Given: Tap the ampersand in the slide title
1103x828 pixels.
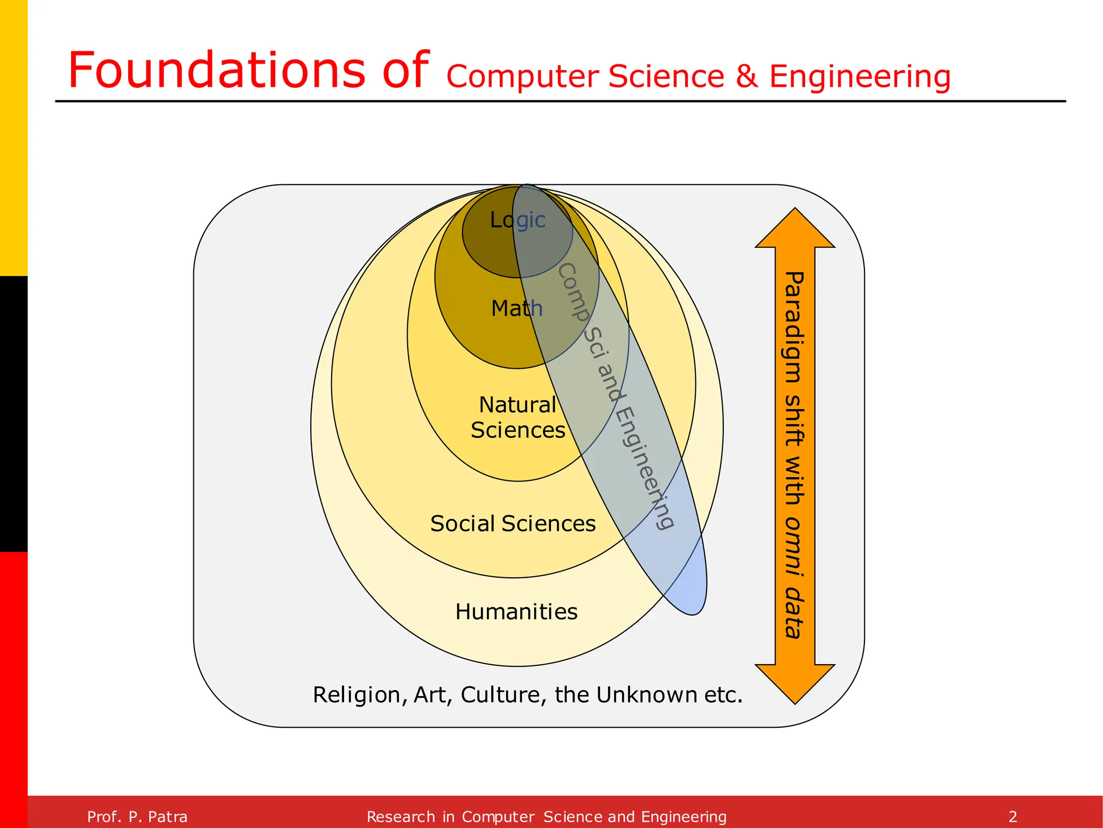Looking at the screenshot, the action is pos(747,77).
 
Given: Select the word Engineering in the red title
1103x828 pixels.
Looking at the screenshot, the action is pos(860,77).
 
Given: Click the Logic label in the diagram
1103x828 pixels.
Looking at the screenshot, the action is pos(518,220).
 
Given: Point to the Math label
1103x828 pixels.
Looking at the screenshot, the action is pos(516,308).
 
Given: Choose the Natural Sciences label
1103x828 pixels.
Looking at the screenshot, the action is pos(518,417).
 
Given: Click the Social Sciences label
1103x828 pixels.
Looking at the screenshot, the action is pos(513,523).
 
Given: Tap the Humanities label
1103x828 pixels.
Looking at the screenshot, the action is pos(516,612).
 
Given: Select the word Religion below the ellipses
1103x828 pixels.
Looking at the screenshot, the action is pos(357,695).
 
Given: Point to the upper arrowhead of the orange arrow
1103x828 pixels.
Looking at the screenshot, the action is pos(795,230).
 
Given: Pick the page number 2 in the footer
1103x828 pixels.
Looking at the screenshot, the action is pos(1013,817).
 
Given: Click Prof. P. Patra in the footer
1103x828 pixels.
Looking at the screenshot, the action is pos(137,817).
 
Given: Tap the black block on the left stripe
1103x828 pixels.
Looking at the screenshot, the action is pos(13,414).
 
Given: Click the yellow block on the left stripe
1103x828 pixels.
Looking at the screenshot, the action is pos(13,138).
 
